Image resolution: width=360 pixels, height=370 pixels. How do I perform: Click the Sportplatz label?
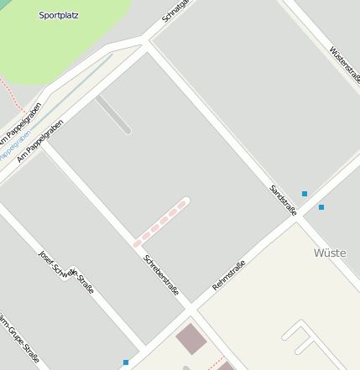pos(59,15)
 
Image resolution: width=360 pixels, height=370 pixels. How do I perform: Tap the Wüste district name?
pos(329,253)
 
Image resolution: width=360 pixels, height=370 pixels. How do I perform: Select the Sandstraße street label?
pos(283,201)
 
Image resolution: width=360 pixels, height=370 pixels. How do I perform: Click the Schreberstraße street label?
pos(161,274)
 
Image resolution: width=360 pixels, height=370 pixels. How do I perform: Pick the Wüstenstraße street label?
pos(345,65)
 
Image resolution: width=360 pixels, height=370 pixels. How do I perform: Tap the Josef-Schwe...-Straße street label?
pos(66,272)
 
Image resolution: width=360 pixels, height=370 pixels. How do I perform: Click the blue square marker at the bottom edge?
pos(126,362)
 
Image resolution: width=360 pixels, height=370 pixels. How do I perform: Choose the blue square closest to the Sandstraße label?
pos(305,194)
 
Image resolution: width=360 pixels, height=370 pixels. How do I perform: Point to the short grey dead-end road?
pos(113,115)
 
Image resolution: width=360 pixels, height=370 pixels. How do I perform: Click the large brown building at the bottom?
pos(190,337)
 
